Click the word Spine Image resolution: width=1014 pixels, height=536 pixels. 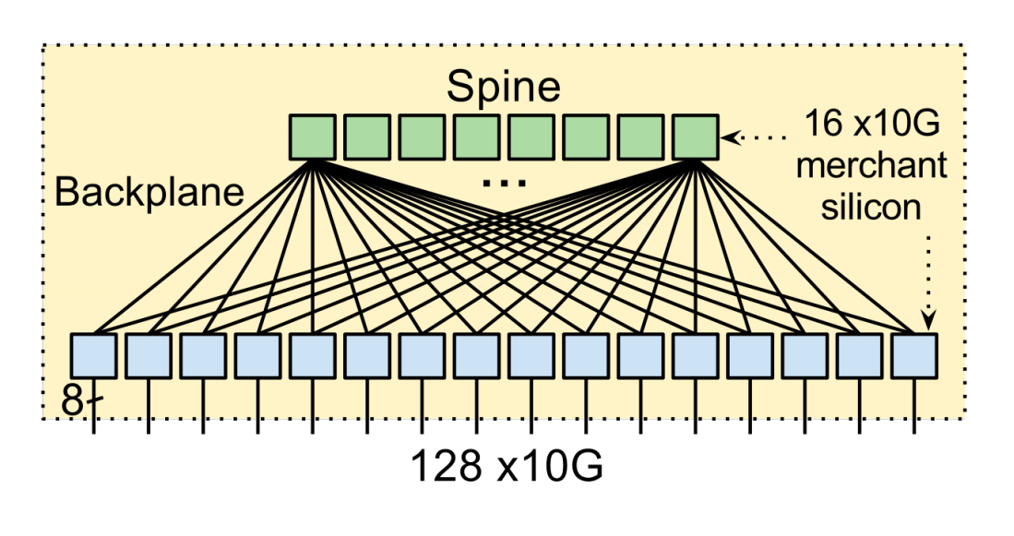503,87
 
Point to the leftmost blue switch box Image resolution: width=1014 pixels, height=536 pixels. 93,354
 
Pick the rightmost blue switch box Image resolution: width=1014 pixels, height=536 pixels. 914,354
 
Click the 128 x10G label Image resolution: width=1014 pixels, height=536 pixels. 507,467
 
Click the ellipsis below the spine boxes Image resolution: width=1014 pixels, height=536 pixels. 504,185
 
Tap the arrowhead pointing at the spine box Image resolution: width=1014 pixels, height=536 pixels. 728,137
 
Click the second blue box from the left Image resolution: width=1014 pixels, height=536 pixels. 148,354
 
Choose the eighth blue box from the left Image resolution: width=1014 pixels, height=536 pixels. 476,354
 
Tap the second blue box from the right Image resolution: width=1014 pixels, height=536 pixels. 860,354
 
